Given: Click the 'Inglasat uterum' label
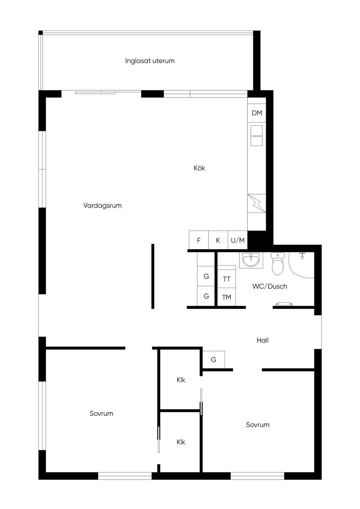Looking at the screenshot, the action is [x=150, y=61].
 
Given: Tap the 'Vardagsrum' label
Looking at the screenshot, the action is [x=102, y=206].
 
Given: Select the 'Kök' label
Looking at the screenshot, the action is [x=199, y=168].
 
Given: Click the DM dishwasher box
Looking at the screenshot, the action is [x=257, y=113].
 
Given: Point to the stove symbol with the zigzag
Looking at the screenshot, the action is [x=257, y=203].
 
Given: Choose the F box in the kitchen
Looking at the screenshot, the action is [x=199, y=240].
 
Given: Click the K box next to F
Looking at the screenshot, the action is [x=218, y=240].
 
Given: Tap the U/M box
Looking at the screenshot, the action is [x=238, y=240].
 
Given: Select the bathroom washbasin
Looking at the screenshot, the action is [x=251, y=260].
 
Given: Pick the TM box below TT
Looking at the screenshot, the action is [x=227, y=297].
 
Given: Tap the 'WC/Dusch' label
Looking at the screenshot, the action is [x=270, y=286].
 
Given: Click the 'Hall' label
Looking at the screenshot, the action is [x=263, y=340].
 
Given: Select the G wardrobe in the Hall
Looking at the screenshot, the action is [x=214, y=360].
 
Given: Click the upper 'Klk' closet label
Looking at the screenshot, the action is [x=181, y=380].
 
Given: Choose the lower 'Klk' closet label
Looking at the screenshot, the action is [x=181, y=442].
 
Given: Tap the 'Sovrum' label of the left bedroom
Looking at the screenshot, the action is [x=101, y=414].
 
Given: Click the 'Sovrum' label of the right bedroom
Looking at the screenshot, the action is [x=258, y=425].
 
